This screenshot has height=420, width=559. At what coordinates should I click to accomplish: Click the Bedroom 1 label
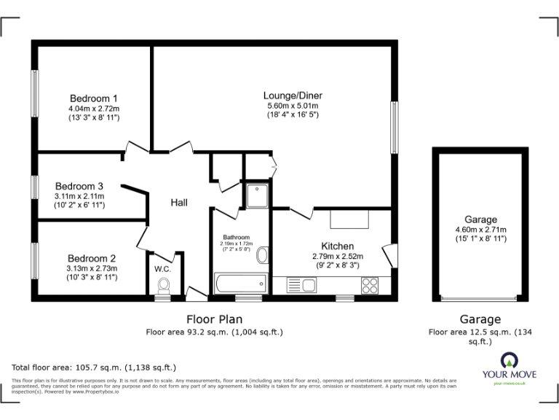pyautogui.click(x=94, y=98)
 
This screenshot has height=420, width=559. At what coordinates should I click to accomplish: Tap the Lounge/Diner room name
pyautogui.click(x=293, y=96)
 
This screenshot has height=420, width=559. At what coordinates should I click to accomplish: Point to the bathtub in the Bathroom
pyautogui.click(x=239, y=284)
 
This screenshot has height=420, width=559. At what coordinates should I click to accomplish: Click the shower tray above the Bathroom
pyautogui.click(x=257, y=196)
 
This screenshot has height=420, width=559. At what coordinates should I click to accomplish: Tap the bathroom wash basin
pyautogui.click(x=262, y=254)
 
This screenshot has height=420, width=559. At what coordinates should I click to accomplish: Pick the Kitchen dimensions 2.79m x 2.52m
pyautogui.click(x=338, y=257)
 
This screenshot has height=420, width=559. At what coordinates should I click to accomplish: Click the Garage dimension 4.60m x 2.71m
pyautogui.click(x=480, y=230)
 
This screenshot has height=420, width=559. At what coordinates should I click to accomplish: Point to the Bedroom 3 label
pyautogui.click(x=79, y=186)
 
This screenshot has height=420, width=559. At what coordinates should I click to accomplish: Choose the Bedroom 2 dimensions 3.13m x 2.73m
pyautogui.click(x=92, y=268)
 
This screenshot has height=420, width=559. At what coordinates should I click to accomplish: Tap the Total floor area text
pyautogui.click(x=94, y=367)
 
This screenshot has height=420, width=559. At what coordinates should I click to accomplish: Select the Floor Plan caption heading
pyautogui.click(x=215, y=319)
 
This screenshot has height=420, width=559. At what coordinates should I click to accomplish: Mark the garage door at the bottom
pyautogui.click(x=480, y=299)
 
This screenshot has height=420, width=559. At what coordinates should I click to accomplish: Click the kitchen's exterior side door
pyautogui.click(x=391, y=255)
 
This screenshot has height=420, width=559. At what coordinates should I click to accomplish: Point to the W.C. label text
pyautogui.click(x=162, y=267)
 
